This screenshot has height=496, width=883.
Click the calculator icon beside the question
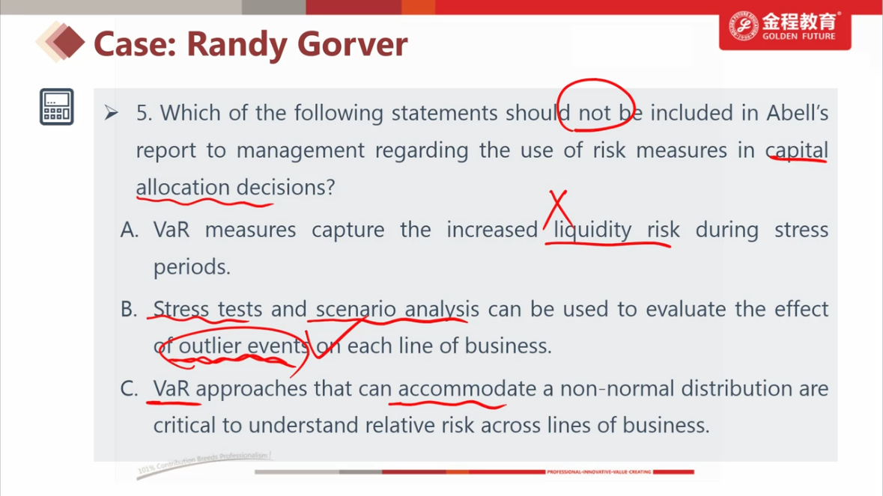(x=56, y=107)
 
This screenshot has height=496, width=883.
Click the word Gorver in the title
(x=352, y=44)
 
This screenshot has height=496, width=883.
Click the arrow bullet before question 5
(x=111, y=113)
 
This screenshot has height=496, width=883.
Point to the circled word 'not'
(x=594, y=114)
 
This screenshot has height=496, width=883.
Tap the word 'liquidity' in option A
(x=592, y=230)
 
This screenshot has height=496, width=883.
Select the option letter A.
(x=129, y=230)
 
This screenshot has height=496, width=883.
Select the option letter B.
(x=128, y=309)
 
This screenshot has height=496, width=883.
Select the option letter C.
(x=129, y=388)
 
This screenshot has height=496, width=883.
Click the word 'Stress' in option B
(x=180, y=309)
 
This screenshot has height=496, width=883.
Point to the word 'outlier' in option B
(x=210, y=346)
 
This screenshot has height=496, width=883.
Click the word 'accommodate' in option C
(x=467, y=388)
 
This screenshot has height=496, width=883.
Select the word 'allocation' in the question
(x=183, y=187)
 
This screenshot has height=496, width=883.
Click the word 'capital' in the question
(x=797, y=150)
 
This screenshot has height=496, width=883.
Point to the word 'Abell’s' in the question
(x=798, y=113)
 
